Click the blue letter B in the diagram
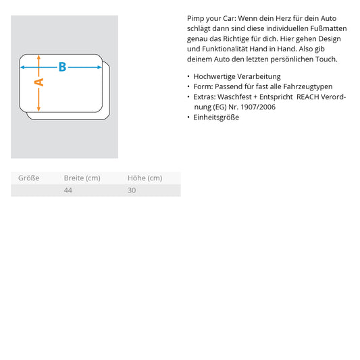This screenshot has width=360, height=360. pos(62,67)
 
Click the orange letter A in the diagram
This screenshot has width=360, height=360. pos(39,82)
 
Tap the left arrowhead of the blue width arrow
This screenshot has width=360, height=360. pos(22,68)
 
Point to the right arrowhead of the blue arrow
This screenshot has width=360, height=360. pos(99,68)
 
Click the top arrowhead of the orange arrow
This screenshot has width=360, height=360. pos(38,57)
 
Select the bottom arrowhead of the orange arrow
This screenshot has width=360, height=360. pos(38,109)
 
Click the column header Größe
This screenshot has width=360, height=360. pos(28,178)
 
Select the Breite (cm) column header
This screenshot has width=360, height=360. pos(82,178)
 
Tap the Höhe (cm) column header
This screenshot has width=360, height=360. pos(145,178)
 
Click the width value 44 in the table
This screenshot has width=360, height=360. pos(68,190)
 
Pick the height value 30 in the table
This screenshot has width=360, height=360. pos(132,190)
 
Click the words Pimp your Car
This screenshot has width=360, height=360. pos(211,19)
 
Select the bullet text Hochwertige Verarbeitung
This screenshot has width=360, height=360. pos(237,76)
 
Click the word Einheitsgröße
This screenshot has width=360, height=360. pos(216,118)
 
